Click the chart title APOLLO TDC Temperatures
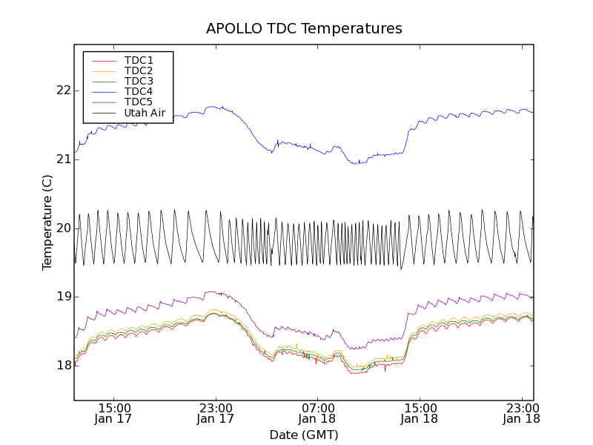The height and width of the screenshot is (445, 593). [304, 29]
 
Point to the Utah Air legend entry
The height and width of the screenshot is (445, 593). [145, 113]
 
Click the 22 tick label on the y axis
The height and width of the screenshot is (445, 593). [63, 90]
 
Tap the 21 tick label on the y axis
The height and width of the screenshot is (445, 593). [63, 159]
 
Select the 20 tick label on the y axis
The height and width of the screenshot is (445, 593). [63, 228]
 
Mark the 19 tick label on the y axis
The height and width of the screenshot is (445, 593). [63, 297]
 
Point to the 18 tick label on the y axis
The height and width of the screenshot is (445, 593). [63, 365]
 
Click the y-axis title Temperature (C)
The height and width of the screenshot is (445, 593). [47, 222]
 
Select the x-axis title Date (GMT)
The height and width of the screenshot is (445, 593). [304, 435]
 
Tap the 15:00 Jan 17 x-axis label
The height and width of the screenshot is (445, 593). [114, 413]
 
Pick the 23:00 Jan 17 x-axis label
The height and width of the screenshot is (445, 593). [216, 413]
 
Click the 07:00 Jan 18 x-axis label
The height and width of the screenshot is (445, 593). [318, 413]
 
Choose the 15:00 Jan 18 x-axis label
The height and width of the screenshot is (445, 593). [420, 413]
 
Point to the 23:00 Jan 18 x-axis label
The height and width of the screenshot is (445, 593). [522, 413]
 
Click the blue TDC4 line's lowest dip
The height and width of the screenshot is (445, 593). [358, 162]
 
